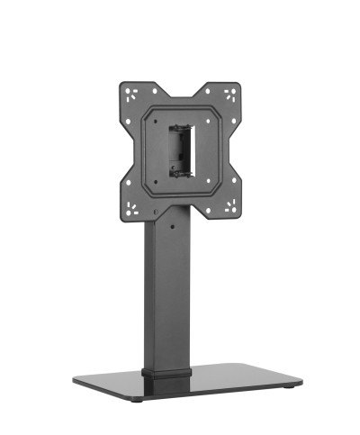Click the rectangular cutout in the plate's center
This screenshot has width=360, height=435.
click(x=183, y=150)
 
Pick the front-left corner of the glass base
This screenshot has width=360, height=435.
click(x=76, y=387)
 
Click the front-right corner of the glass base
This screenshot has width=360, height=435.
click(x=300, y=381)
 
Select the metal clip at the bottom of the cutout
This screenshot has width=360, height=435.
click(x=183, y=171)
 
